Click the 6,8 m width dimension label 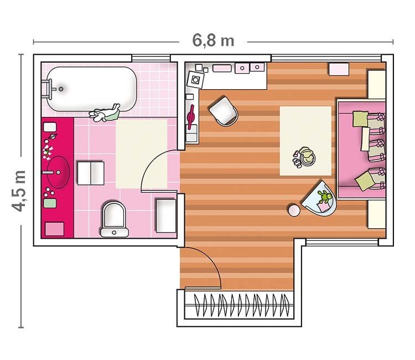[x=213, y=41]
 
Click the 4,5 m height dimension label [x=19, y=191]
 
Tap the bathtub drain [x=61, y=89]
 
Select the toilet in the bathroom [x=115, y=219]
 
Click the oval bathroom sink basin [x=58, y=172]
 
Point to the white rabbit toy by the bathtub [x=105, y=113]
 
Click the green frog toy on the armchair [x=325, y=197]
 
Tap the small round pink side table [x=294, y=210]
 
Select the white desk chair [x=224, y=111]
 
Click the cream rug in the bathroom [x=142, y=154]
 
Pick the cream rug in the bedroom [x=305, y=141]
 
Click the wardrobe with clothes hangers [x=239, y=305]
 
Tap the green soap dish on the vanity [x=50, y=203]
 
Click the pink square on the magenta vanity [x=55, y=229]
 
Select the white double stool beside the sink [x=91, y=173]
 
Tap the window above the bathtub [x=151, y=58]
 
